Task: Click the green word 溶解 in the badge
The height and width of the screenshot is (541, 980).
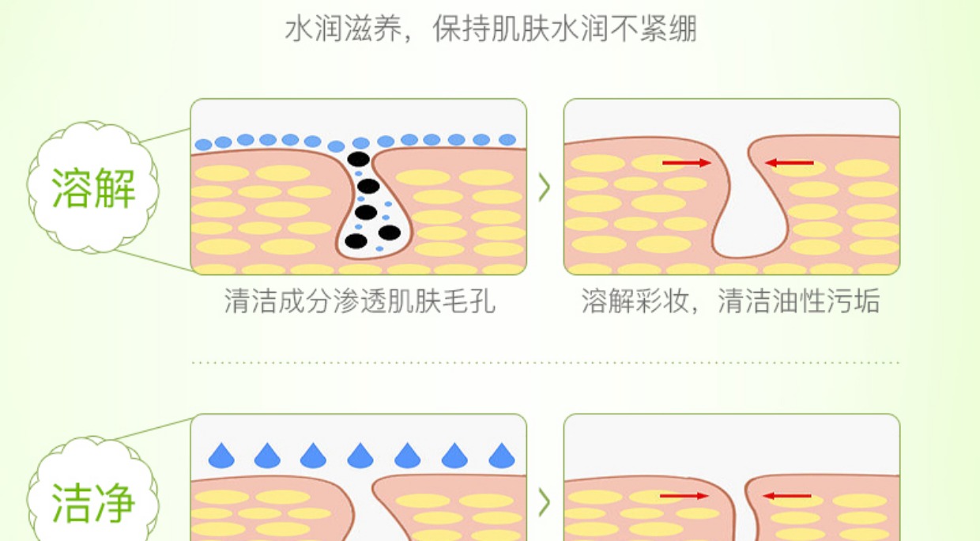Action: coord(93,187)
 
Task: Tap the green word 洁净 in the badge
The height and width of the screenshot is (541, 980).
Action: coord(93,502)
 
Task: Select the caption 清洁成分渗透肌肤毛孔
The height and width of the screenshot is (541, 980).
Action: coord(360,301)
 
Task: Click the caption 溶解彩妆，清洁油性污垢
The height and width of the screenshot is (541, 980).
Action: coord(730,301)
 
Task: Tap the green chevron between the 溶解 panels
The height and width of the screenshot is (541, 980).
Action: coord(544,187)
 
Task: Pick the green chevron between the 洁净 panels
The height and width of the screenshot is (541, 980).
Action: coord(544,501)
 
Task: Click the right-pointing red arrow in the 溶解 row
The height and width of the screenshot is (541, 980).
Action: coord(686,163)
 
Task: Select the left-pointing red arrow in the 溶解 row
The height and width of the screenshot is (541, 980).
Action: coord(790,163)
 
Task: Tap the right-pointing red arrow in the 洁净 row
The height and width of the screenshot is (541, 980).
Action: coord(684,496)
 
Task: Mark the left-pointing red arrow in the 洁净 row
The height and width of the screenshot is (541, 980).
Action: coord(787,496)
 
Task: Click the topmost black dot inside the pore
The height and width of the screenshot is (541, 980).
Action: coord(358,159)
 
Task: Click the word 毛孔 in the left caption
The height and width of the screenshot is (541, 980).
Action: coord(473,301)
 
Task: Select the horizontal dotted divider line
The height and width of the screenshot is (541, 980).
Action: coord(545,363)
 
